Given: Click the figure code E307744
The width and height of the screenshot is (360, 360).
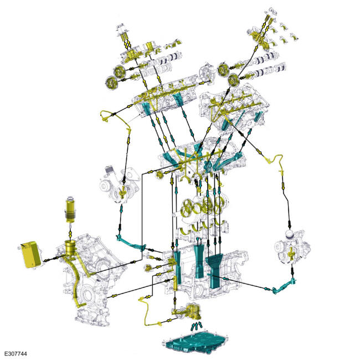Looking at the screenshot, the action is point(16,354).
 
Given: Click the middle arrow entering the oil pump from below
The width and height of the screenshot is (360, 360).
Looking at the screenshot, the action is point(197,326).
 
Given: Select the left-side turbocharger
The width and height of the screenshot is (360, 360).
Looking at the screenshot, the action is point(120,184).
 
